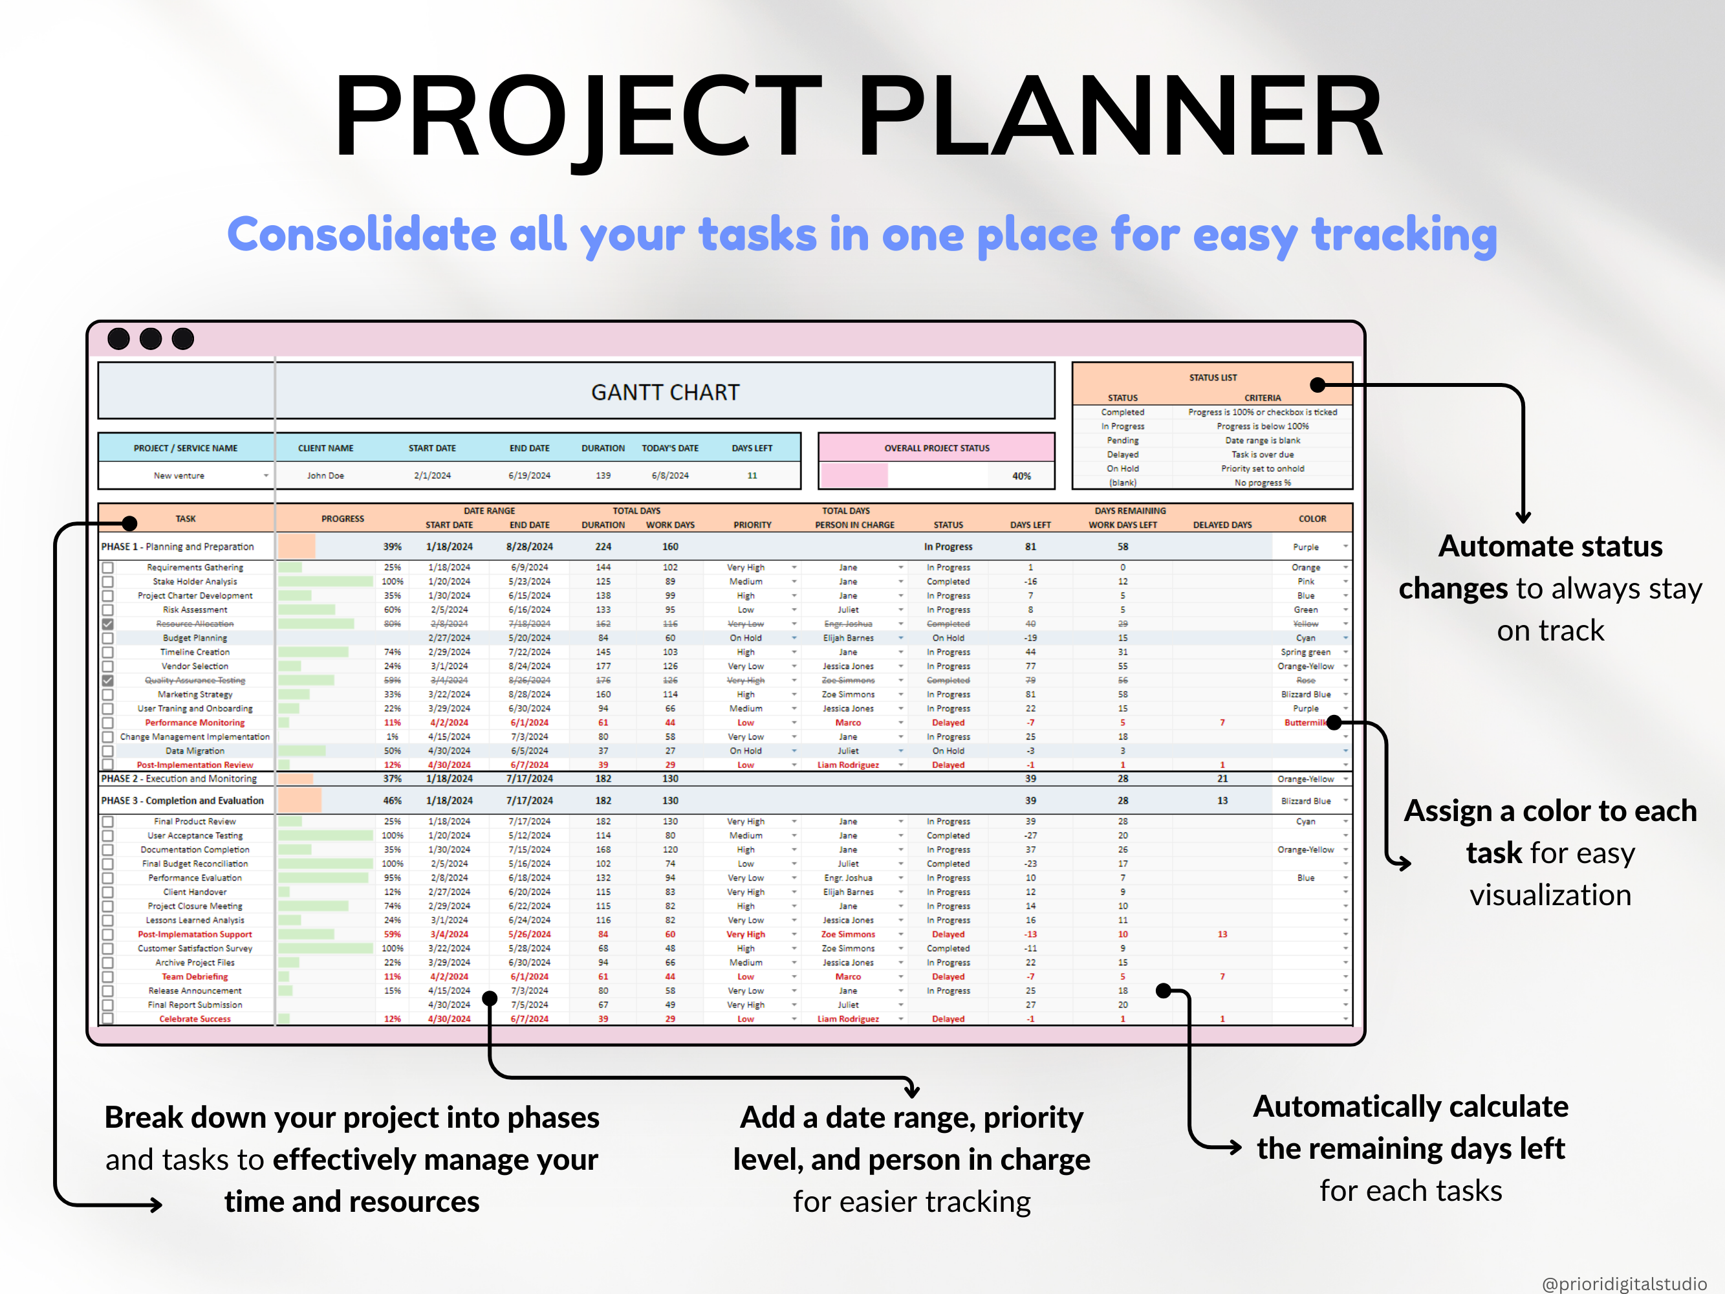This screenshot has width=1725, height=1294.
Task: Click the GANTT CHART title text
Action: [664, 392]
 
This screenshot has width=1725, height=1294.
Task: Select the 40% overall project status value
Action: [1021, 476]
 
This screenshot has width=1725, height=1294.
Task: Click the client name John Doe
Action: [325, 475]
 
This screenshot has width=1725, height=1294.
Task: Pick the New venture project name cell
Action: [179, 475]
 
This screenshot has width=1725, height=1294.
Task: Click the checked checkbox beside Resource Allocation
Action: [107, 624]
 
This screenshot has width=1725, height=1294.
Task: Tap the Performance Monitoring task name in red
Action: [195, 722]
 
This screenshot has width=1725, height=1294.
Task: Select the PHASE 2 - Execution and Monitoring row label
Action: [179, 778]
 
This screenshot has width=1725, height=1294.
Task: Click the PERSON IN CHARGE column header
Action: [854, 525]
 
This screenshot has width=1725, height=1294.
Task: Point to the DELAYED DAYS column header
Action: [1221, 525]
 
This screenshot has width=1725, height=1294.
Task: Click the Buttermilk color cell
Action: [1304, 722]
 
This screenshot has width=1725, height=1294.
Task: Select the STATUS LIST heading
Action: [1212, 377]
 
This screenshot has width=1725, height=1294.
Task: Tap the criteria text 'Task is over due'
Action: [1262, 455]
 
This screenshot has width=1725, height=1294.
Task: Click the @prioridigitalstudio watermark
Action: [1623, 1283]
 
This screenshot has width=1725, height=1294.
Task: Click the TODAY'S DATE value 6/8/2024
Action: [670, 475]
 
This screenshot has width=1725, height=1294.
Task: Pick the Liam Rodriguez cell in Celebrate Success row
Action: [848, 1018]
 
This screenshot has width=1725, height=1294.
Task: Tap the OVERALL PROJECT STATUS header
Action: [936, 448]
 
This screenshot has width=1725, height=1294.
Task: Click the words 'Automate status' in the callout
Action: [1550, 546]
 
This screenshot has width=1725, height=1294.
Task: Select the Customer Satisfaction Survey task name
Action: [195, 949]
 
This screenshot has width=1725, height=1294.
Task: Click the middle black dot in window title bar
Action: [151, 338]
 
